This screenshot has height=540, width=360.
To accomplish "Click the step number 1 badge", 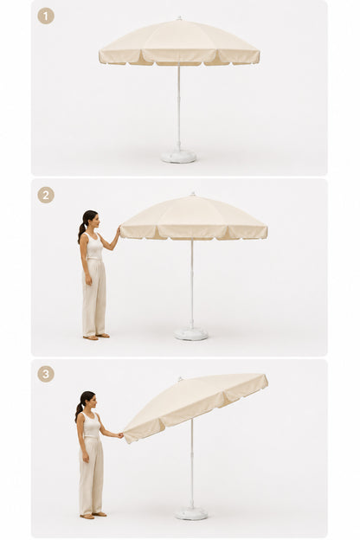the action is point(46,16).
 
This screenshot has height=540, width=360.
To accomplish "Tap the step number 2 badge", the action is point(46,196).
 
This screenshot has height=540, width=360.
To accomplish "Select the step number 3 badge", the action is point(46,374).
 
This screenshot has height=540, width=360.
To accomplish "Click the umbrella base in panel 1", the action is point(178,156).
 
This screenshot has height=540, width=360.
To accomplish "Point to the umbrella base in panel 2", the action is point(191,334).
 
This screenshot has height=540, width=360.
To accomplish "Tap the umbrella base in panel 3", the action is point(191,513).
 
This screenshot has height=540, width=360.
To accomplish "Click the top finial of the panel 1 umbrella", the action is point(179,17).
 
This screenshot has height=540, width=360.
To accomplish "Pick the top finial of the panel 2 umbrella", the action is point(193,194).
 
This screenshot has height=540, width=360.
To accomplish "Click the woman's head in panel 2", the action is point(91,220).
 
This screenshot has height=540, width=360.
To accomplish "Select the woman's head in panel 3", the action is point(88,400).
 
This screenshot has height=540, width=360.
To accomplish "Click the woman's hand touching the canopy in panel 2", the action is point(119,230).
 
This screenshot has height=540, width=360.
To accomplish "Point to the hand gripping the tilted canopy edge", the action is point(120,435).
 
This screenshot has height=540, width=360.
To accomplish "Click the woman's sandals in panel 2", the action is point(96,337).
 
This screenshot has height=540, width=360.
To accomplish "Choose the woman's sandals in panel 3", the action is point(93,515).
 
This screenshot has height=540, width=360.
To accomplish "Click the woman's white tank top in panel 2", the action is point(94,247).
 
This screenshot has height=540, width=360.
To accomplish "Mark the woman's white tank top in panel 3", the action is point(91,426).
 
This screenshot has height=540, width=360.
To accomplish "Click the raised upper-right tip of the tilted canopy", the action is point(266,376).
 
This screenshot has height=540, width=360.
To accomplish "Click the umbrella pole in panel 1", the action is point(178,106).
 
